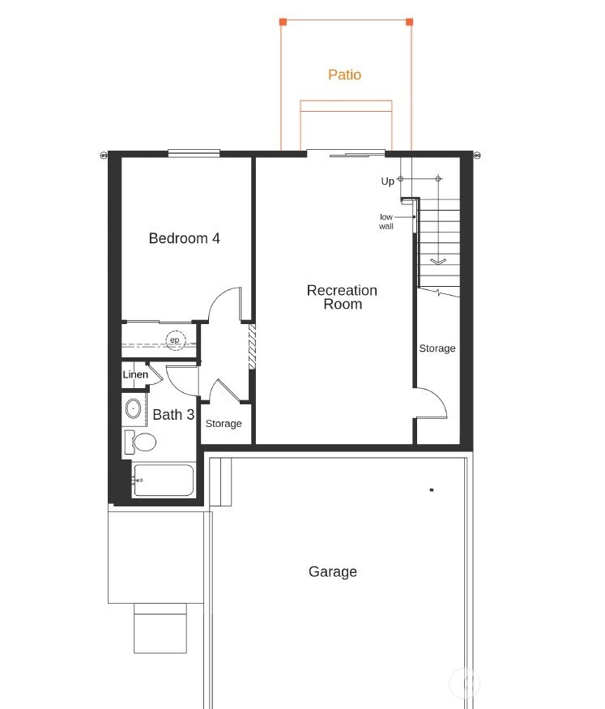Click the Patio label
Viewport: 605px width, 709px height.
click(344, 75)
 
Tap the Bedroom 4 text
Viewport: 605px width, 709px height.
click(184, 238)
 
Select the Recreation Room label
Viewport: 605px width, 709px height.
click(342, 297)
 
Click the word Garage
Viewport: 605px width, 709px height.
click(332, 571)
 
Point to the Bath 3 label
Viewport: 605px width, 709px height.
click(173, 415)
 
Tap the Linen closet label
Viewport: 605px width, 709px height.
click(135, 375)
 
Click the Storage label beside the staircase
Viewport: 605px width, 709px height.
click(437, 348)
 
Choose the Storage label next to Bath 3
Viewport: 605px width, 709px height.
click(223, 424)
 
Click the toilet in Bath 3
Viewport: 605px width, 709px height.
click(143, 442)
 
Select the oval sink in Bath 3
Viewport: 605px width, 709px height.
click(133, 408)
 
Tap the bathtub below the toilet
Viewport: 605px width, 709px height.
click(164, 480)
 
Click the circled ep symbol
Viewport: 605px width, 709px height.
click(175, 340)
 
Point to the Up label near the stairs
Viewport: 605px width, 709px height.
click(387, 182)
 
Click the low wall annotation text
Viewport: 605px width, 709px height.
click(386, 221)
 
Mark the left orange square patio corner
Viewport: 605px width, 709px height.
click(282, 22)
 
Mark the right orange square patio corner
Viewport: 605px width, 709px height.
click(409, 22)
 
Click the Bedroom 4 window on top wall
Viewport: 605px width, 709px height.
click(194, 152)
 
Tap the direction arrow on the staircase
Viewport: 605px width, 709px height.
click(438, 261)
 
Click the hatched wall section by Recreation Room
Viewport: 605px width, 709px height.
click(252, 348)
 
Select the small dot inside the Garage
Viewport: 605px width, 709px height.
click(432, 489)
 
